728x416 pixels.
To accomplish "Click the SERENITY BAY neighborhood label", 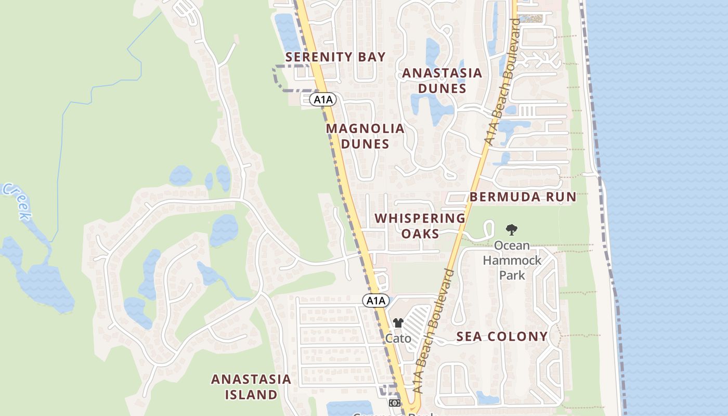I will (335, 57).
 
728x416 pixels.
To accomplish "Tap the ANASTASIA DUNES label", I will (442, 81).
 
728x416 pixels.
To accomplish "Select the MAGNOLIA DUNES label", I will (365, 136).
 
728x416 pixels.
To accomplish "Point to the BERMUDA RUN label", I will (523, 197).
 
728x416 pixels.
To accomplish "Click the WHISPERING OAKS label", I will (420, 226).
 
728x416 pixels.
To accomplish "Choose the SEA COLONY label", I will (502, 336).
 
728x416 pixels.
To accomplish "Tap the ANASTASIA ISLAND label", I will (251, 387).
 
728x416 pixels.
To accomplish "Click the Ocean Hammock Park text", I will (512, 259).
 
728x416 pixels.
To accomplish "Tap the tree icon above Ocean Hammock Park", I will (512, 229).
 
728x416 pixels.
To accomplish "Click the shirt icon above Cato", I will (398, 323).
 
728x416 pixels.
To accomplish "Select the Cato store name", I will (398, 339).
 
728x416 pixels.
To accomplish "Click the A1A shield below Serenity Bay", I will (322, 99).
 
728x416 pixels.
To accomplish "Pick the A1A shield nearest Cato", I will (375, 301).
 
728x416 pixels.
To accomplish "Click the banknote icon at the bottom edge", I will (394, 402).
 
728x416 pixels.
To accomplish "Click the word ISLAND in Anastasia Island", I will (251, 395).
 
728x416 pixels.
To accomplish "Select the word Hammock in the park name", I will (512, 260).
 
